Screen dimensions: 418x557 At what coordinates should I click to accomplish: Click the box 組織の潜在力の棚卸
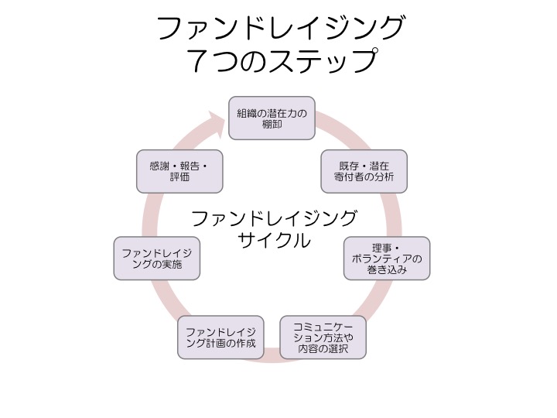pyautogui.click(x=272, y=118)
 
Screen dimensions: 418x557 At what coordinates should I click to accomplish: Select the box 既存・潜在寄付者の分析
pyautogui.click(x=363, y=172)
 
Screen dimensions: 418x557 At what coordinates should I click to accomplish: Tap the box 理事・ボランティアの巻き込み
pyautogui.click(x=386, y=258)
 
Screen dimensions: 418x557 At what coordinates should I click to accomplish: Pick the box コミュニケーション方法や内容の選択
pyautogui.click(x=323, y=337)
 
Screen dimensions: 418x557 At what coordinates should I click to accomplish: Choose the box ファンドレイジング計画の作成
pyautogui.click(x=220, y=337)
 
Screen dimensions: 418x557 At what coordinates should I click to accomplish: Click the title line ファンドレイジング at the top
pyautogui.click(x=280, y=29)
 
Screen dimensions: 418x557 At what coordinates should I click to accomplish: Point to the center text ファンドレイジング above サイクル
pyautogui.click(x=274, y=218)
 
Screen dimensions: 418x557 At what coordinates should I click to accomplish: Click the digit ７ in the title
pyautogui.click(x=201, y=61)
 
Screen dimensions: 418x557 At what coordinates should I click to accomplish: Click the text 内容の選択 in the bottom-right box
pyautogui.click(x=323, y=349)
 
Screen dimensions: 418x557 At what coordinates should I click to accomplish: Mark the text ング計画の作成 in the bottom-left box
pyautogui.click(x=220, y=343)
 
